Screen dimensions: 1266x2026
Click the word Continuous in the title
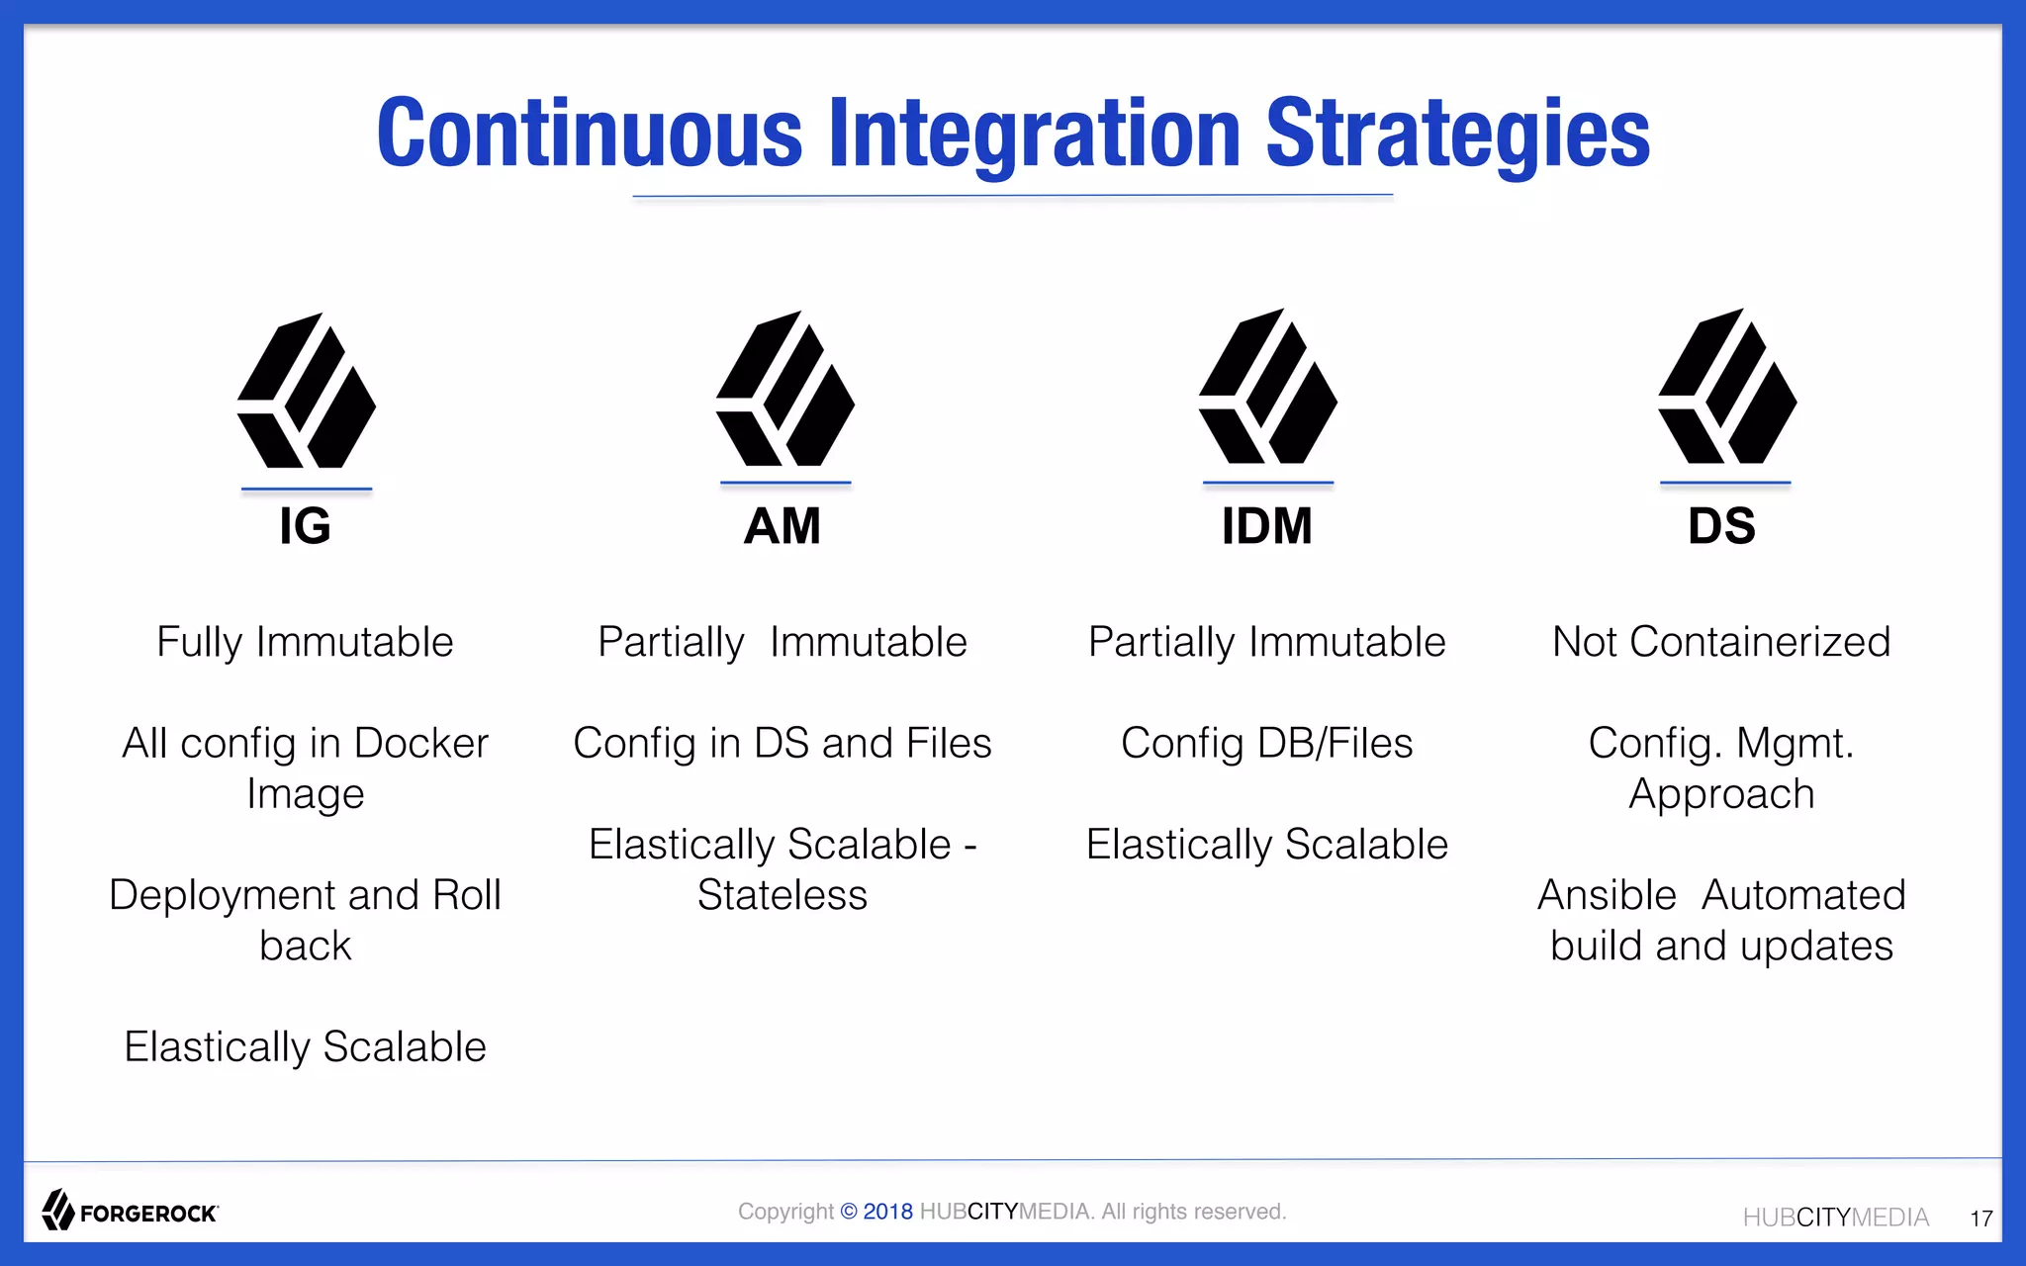pyautogui.click(x=590, y=134)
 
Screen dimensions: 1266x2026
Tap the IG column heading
pyautogui.click(x=305, y=525)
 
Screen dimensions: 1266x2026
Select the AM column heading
pyautogui.click(x=783, y=525)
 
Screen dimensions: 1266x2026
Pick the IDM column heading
pyautogui.click(x=1266, y=525)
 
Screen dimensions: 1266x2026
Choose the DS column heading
pyautogui.click(x=1722, y=525)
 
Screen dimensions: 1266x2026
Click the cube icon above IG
pyautogui.click(x=307, y=392)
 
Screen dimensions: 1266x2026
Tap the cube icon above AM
pyautogui.click(x=785, y=389)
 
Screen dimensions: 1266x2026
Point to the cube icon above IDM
pyautogui.click(x=1268, y=387)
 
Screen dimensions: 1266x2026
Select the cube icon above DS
pyautogui.click(x=1727, y=387)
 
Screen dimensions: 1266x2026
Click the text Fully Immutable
pyautogui.click(x=305, y=642)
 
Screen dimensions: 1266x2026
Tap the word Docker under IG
pyautogui.click(x=420, y=743)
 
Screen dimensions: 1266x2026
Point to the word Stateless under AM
pyautogui.click(x=783, y=895)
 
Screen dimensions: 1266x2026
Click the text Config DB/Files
pyautogui.click(x=1266, y=743)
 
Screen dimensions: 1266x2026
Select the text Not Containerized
pyautogui.click(x=1721, y=642)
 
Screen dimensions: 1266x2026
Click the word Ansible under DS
pyautogui.click(x=1607, y=895)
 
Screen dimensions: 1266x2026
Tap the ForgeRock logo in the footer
pyautogui.click(x=130, y=1211)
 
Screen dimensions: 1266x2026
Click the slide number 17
pyautogui.click(x=1980, y=1219)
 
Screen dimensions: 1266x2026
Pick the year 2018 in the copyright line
pyautogui.click(x=887, y=1212)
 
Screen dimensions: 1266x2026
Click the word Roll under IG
pyautogui.click(x=466, y=895)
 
